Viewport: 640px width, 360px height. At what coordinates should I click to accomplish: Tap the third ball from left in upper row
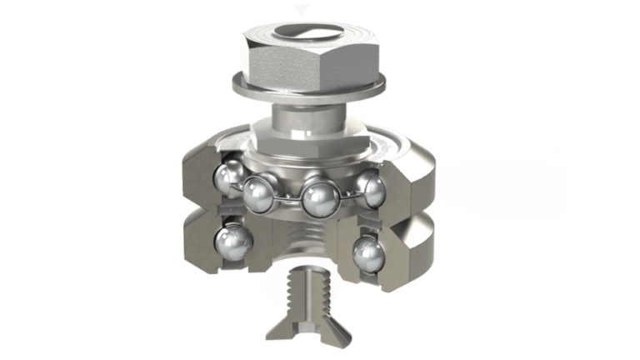click(318, 197)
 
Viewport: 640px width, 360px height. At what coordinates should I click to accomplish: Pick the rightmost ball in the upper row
click(369, 190)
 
